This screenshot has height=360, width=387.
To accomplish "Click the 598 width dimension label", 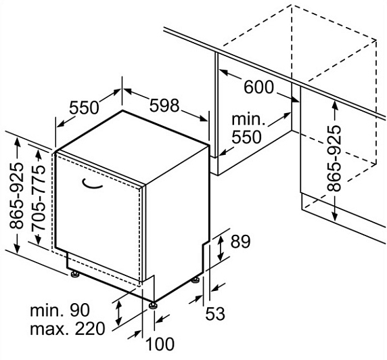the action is (164, 106).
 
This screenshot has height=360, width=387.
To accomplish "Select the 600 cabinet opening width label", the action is (259, 87).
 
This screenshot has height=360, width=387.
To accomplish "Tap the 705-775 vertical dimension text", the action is (39, 198).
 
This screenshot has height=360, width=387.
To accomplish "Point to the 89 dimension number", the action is (240, 241).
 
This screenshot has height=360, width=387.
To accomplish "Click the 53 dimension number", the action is (215, 313).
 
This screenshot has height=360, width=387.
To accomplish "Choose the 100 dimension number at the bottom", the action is (160, 344).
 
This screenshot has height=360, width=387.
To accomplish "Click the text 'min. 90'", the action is (60, 311).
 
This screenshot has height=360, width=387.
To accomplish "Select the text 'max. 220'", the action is (68, 329).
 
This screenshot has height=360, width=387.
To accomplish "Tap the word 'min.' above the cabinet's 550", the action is (248, 119).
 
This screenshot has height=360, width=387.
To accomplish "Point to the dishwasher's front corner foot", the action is (152, 305).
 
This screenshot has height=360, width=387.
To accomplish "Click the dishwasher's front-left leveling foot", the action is (74, 274).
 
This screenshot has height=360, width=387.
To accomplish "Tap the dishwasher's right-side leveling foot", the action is (196, 280).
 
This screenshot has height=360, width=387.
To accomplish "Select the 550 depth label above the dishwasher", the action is (84, 108).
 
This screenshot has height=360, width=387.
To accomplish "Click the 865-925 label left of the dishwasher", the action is (16, 195).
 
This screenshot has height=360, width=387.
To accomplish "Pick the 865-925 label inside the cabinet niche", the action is (334, 158).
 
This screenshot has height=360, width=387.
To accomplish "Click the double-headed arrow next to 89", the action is (220, 248).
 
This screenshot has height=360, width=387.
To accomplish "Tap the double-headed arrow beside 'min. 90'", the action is (118, 313).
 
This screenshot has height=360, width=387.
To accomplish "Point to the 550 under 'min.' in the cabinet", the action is (246, 137).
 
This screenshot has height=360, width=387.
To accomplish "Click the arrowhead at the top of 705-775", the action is (39, 154).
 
